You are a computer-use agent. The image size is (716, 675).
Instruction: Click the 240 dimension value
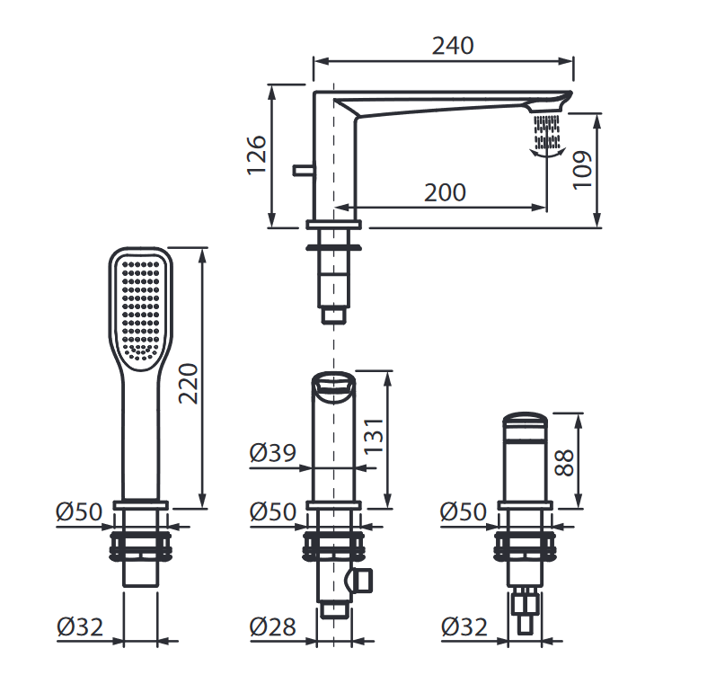(x=453, y=46)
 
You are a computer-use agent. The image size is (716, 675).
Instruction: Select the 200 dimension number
(x=445, y=192)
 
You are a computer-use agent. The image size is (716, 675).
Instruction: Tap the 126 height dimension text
(x=256, y=155)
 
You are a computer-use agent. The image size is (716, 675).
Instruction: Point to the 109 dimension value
(x=582, y=170)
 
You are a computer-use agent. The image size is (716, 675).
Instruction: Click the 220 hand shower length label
(x=188, y=383)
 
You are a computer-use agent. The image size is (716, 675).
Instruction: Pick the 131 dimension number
(x=375, y=435)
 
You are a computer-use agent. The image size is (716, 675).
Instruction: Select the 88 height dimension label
(x=564, y=463)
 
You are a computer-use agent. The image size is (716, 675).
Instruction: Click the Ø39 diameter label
(x=273, y=453)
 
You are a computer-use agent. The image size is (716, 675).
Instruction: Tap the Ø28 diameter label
(x=272, y=626)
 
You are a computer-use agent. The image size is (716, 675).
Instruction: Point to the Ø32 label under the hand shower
(x=80, y=626)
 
